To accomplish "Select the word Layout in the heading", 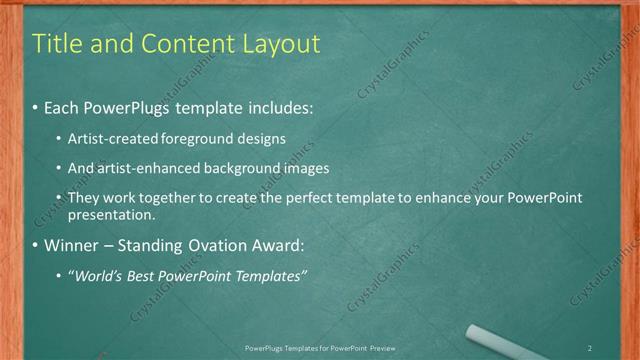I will pos(281,44).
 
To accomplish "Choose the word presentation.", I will pos(111,214).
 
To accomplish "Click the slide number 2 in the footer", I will pos(590,347).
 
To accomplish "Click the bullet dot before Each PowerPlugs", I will pos(36,105).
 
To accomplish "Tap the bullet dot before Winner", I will pos(36,246).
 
